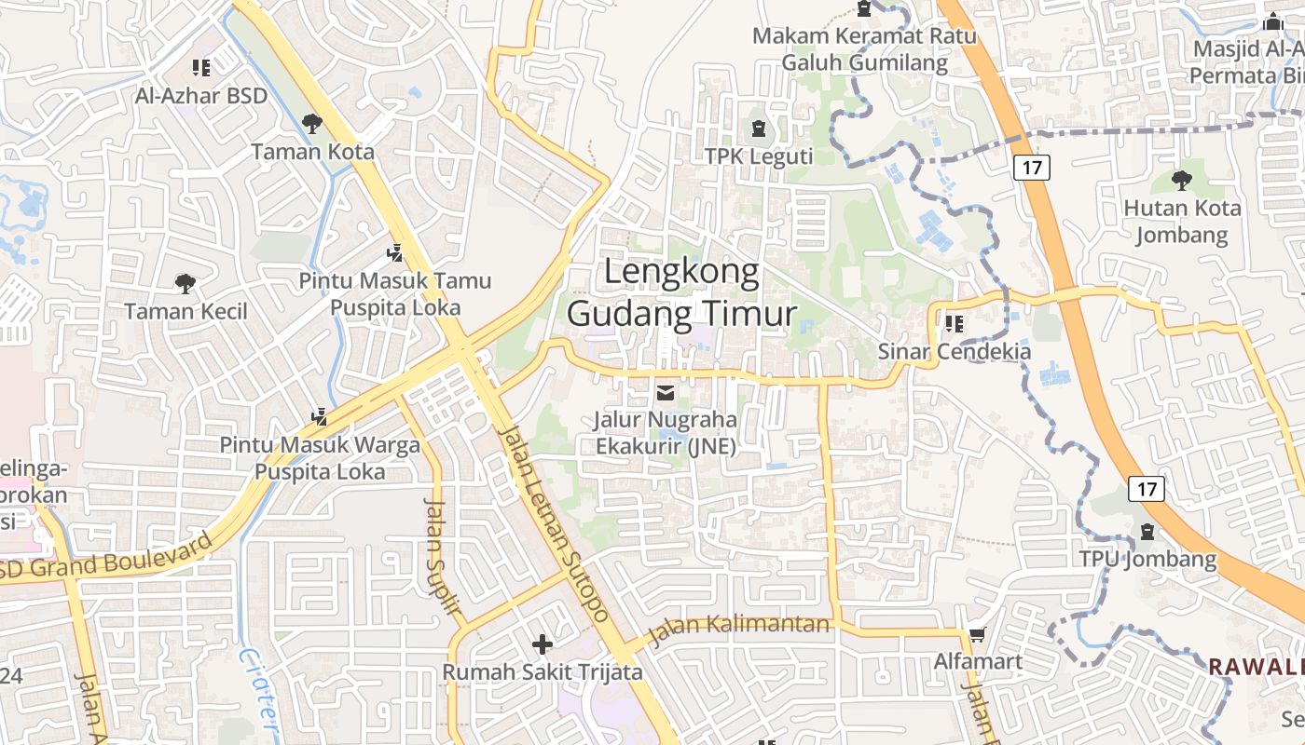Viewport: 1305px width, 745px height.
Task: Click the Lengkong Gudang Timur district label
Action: coord(681,292)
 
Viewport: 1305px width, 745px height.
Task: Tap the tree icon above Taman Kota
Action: coord(312,123)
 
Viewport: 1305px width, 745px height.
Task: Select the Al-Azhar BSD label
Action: coord(201,95)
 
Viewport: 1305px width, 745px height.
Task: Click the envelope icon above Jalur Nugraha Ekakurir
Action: coord(666,393)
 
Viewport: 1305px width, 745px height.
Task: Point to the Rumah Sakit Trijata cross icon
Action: coord(542,643)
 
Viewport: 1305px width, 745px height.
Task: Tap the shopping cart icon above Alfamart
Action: coord(977,635)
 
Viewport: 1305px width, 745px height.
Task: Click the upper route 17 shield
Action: coord(1032,168)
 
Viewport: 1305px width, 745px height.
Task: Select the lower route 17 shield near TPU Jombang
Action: coord(1147,488)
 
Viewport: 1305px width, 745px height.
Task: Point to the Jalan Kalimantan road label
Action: coord(738,630)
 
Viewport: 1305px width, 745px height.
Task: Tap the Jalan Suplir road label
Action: coord(444,557)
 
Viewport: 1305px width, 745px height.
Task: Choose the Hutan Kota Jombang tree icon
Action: coord(1181,180)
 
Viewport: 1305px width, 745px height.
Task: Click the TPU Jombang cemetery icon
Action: coord(1147,532)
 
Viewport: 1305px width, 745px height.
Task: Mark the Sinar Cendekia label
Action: coord(955,351)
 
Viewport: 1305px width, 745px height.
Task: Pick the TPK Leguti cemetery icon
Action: coord(758,129)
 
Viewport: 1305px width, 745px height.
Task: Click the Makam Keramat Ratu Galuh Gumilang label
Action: coord(864,49)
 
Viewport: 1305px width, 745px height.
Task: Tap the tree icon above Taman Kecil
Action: coord(185,283)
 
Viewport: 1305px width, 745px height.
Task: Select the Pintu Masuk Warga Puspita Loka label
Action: coord(320,458)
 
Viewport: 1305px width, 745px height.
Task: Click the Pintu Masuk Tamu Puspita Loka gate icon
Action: coord(395,252)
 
